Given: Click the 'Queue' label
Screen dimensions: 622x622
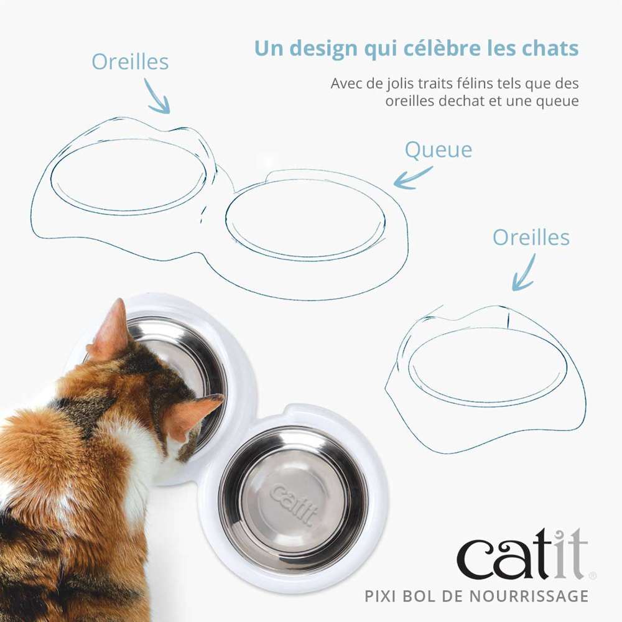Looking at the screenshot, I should [x=438, y=150].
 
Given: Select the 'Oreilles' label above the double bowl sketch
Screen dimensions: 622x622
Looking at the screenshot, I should [x=130, y=62].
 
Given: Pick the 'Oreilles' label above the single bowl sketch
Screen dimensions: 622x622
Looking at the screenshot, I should [x=531, y=237].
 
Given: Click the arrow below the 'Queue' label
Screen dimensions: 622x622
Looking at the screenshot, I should [x=414, y=178].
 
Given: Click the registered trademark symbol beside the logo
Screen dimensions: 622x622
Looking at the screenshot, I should [x=593, y=576].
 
